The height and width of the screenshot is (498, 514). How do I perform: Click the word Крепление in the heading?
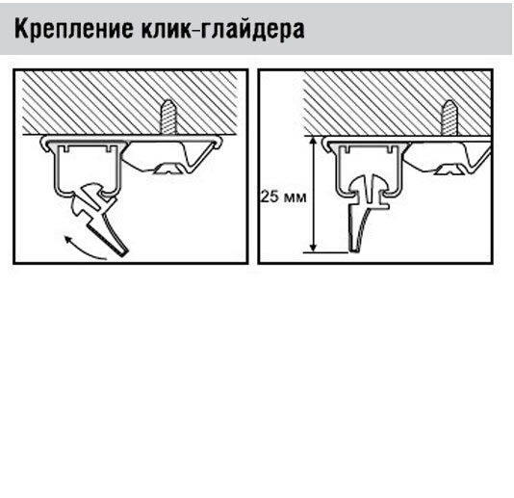click(74, 30)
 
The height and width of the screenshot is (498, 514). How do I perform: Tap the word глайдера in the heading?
click(252, 30)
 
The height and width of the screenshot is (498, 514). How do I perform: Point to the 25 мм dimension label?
click(284, 197)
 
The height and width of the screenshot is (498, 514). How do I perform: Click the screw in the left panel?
click(168, 117)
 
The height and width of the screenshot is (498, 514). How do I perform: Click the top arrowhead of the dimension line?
click(314, 142)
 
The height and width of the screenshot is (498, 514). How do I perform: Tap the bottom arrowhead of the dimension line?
click(314, 247)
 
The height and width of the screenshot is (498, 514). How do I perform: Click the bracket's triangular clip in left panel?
click(168, 169)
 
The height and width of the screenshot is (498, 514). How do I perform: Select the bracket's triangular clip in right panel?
click(450, 170)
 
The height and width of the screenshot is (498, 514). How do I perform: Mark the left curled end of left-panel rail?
click(45, 144)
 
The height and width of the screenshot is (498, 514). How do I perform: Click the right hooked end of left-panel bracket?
click(218, 142)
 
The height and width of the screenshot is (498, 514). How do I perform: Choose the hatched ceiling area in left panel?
click(130, 102)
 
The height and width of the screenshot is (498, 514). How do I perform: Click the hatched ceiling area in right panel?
click(398, 103)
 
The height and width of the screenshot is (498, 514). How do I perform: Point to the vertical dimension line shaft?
click(314, 195)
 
